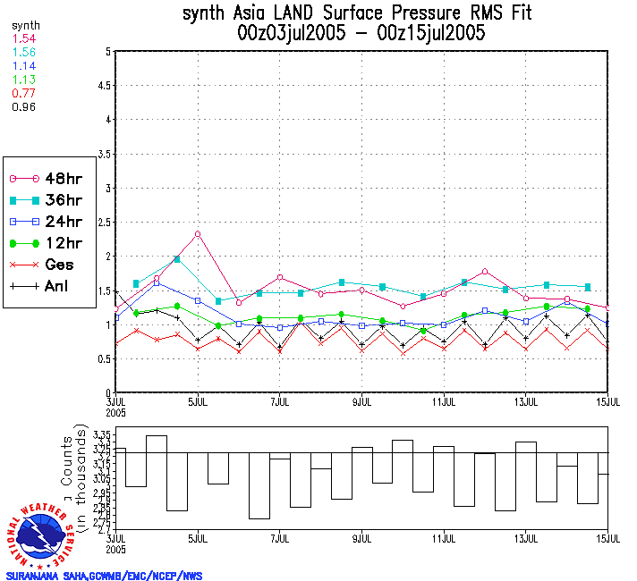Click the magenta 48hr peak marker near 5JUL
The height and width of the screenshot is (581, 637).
coord(197,234)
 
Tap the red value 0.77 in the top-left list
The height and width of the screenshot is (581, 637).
coord(22,92)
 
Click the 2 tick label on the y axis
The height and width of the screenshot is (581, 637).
coord(107,257)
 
